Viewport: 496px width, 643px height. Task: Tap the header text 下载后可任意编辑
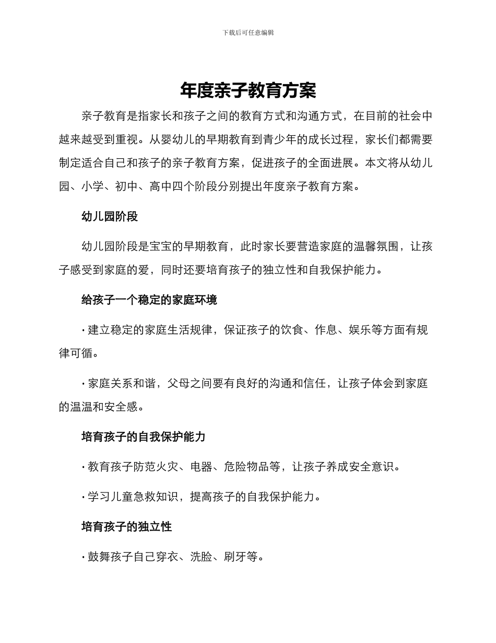[x=248, y=32]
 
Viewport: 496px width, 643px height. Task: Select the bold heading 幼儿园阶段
[x=110, y=217]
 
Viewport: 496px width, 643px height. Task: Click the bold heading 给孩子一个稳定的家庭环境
[x=149, y=300]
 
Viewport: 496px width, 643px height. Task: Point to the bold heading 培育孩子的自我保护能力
[x=144, y=437]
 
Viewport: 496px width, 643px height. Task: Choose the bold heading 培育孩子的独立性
[x=127, y=527]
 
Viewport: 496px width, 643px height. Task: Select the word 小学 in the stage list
[x=92, y=187]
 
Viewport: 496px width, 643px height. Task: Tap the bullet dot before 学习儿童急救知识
[x=84, y=497]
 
